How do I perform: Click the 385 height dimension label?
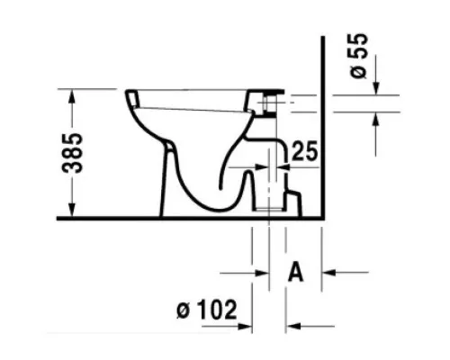pyautogui.click(x=72, y=153)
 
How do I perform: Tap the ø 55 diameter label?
pyautogui.click(x=359, y=56)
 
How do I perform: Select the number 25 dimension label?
pyautogui.click(x=304, y=151)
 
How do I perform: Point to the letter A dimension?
pyautogui.click(x=295, y=272)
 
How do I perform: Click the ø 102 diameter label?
pyautogui.click(x=207, y=310)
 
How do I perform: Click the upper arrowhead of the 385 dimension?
pyautogui.click(x=72, y=95)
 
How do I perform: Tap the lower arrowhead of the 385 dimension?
pyautogui.click(x=72, y=210)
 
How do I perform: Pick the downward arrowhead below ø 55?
pyautogui.click(x=376, y=88)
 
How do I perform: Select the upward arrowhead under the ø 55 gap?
pyautogui.click(x=376, y=119)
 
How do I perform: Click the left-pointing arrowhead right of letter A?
pyautogui.click(x=328, y=273)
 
